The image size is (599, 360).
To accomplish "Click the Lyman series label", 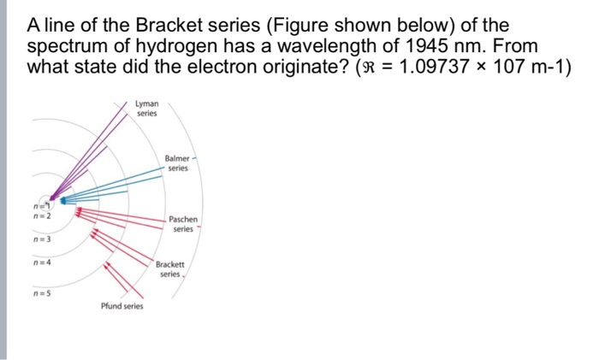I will [146, 109].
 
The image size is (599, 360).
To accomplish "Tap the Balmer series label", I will [177, 163].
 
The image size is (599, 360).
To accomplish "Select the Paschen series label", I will [183, 224].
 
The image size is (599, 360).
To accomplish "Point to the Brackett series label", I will [169, 269].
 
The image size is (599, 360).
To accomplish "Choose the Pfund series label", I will [122, 306].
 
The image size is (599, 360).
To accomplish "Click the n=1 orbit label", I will [40, 205].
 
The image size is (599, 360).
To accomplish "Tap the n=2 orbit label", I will [40, 217].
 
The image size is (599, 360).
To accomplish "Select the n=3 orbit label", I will [40, 240].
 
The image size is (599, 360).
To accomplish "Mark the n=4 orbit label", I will [40, 263].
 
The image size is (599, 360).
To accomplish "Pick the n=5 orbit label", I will [40, 295].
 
